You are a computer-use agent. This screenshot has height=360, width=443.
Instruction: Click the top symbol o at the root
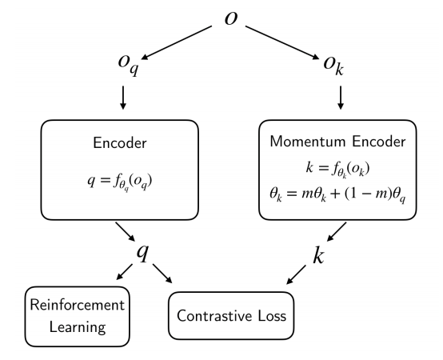click(x=231, y=18)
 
